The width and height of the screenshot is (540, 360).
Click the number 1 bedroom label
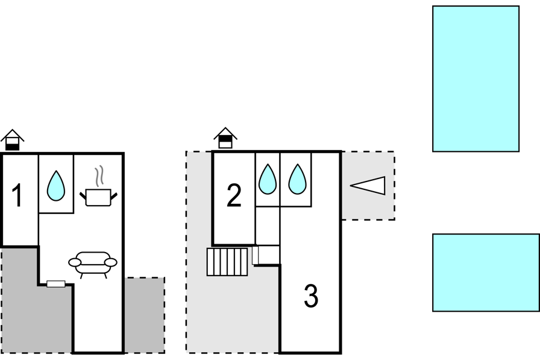[x=17, y=195]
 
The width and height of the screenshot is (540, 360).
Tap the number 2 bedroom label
[x=234, y=195]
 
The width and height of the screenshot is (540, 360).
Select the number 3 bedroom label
[x=311, y=295]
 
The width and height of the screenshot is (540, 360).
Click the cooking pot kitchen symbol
[x=98, y=197]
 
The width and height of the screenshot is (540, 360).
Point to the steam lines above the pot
[x=99, y=176]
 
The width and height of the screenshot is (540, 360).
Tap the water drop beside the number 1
[x=56, y=185]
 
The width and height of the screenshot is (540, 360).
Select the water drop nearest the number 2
[x=267, y=179]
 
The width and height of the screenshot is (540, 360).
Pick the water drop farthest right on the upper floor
[x=297, y=179]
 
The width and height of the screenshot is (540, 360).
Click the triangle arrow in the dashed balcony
[x=368, y=186]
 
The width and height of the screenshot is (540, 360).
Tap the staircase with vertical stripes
[x=227, y=262]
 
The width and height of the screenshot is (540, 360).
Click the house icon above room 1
[x=13, y=140]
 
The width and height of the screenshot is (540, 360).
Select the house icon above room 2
[x=225, y=138]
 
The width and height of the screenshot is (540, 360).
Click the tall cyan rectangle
[x=476, y=78]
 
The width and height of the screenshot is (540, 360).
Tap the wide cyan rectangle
[x=486, y=273]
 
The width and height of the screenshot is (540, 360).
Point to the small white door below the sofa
[x=56, y=284]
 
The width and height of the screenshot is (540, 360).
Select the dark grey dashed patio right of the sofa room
[x=144, y=315]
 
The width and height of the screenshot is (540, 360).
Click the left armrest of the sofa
[x=75, y=262]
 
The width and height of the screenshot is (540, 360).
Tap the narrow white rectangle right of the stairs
[x=255, y=255]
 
